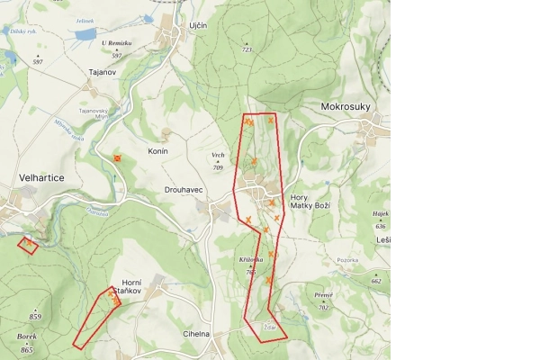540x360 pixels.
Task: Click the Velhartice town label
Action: pyautogui.click(x=41, y=178)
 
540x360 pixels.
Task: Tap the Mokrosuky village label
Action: pyautogui.click(x=346, y=106)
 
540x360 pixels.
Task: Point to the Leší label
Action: pyautogui.click(x=384, y=240)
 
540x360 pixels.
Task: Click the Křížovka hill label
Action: pyautogui.click(x=251, y=259)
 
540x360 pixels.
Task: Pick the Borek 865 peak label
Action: pyautogui.click(x=27, y=341)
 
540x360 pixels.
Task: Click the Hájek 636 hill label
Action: pyautogui.click(x=380, y=219)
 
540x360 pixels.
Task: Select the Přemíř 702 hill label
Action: pyautogui.click(x=324, y=301)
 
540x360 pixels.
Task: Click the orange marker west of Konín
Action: pyautogui.click(x=117, y=158)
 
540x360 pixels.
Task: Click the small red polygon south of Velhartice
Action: pyautogui.click(x=28, y=244)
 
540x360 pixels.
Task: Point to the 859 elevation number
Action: pyautogui.click(x=35, y=317)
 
